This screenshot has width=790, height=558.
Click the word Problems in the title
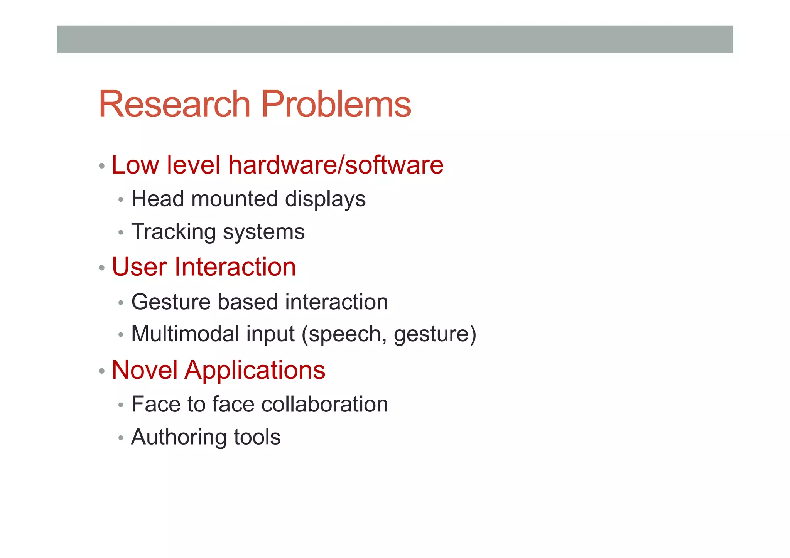point(336,104)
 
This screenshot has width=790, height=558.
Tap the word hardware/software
point(336,165)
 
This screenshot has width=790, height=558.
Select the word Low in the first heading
point(135,165)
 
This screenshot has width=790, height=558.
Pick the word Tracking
point(174,232)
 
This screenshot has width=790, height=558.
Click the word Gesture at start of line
point(170,302)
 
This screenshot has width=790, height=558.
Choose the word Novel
point(145,370)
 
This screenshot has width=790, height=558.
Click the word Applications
point(255,371)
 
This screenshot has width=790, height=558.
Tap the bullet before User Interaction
point(101,268)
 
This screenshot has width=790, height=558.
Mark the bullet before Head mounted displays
point(121,200)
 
